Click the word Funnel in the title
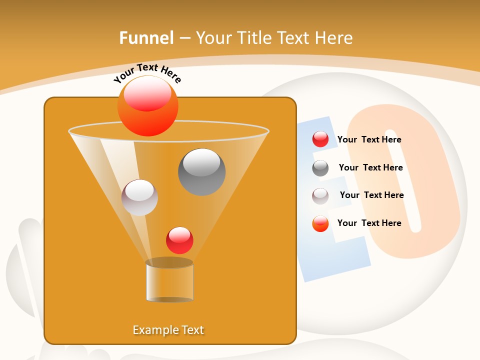(x=146, y=38)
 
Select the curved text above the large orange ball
(x=147, y=73)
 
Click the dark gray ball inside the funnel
(x=202, y=172)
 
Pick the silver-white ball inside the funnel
(x=139, y=197)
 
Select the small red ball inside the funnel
(x=179, y=240)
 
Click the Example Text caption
(x=168, y=330)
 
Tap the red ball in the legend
(x=320, y=139)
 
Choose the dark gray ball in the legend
(x=320, y=168)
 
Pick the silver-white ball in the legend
(x=320, y=196)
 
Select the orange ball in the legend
(x=320, y=223)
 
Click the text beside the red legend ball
(x=369, y=139)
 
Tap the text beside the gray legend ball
(x=370, y=167)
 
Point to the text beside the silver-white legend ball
(x=371, y=195)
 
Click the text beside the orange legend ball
(x=369, y=223)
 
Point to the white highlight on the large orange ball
(x=147, y=94)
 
